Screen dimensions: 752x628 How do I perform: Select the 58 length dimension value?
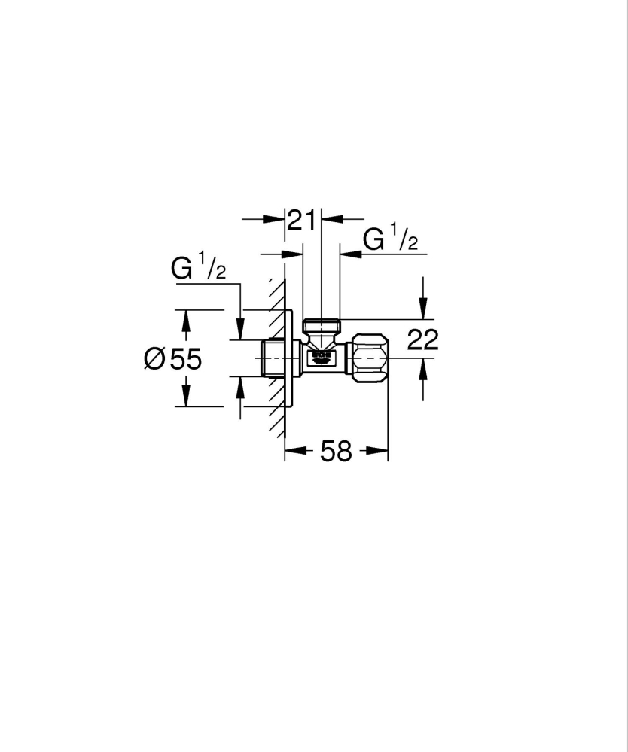coord(336,452)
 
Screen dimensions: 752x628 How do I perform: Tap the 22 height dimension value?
coord(422,340)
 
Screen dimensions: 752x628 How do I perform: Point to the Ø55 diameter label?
coord(172,359)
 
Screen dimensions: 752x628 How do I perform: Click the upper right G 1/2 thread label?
coord(390,240)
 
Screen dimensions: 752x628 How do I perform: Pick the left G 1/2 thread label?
coord(198,269)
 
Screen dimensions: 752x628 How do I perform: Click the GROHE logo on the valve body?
coord(322,355)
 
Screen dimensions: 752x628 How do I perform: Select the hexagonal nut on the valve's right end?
coord(370,358)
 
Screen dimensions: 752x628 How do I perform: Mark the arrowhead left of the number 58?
coord(295,452)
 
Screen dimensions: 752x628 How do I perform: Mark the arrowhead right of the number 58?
coord(377,452)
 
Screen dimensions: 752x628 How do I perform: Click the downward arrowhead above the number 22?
coord(423,309)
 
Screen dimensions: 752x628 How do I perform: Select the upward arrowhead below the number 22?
coord(423,369)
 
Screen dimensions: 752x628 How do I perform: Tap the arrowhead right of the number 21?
coord(332,219)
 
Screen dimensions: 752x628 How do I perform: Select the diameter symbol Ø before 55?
coord(154,359)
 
